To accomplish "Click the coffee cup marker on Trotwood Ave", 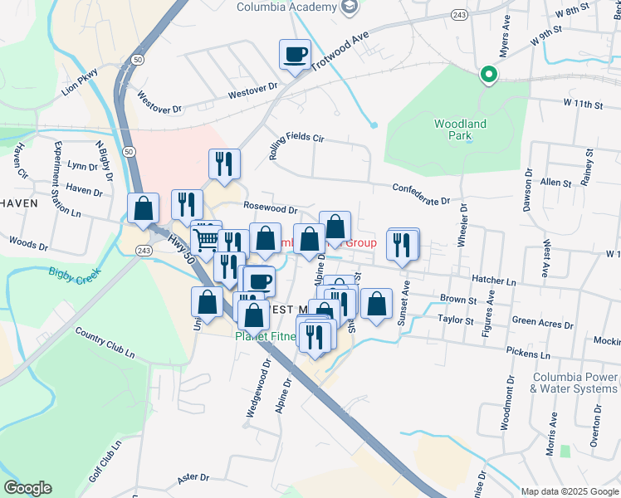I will (x=295, y=56).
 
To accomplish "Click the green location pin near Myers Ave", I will (x=489, y=76).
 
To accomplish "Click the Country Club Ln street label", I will (x=105, y=342).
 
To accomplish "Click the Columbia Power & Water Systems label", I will (x=575, y=383).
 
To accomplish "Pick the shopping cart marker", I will (x=207, y=239).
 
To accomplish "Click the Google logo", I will (x=27, y=488).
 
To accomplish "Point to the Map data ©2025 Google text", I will (x=569, y=491).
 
